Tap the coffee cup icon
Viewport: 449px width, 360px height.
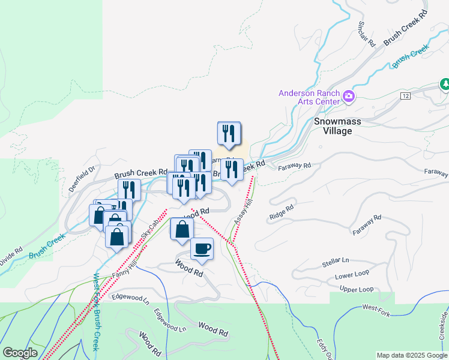(202, 248)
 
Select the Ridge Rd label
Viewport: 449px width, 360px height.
(281, 211)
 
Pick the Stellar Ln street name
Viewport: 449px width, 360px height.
(336, 261)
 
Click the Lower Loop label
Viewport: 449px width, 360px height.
(352, 276)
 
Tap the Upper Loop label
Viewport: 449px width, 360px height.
(357, 289)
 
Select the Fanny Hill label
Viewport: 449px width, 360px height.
(124, 267)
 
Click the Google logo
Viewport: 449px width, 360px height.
(20, 353)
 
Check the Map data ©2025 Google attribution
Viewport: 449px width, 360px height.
(411, 355)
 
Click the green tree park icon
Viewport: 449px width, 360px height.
(445, 83)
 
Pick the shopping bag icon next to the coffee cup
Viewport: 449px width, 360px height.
(182, 229)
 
